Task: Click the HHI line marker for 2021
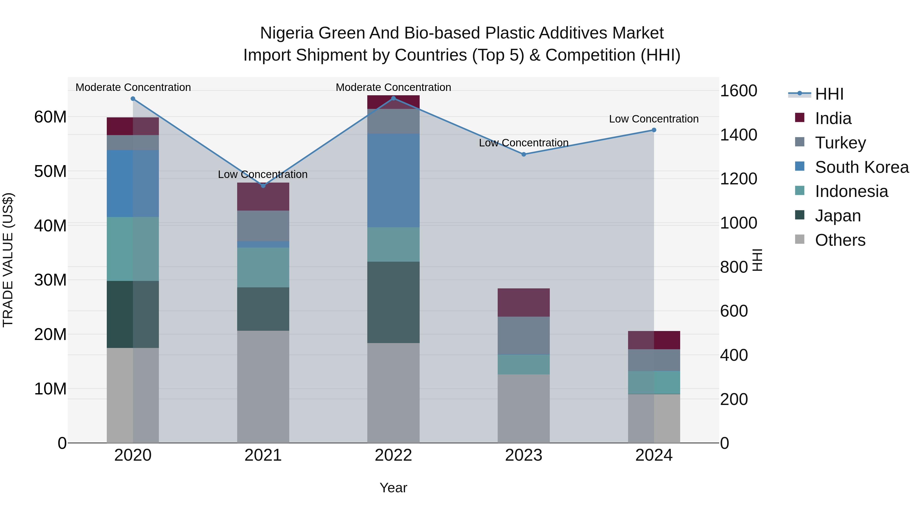click(263, 186)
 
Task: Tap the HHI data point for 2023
click(523, 154)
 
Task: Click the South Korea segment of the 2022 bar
click(393, 180)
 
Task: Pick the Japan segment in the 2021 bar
click(263, 309)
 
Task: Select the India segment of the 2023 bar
click(523, 302)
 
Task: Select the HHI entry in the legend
click(829, 94)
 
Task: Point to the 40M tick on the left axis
click(50, 226)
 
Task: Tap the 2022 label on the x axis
click(393, 455)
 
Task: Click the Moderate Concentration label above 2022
click(393, 87)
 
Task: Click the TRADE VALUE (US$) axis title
click(8, 260)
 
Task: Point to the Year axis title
click(393, 488)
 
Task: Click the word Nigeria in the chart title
click(287, 33)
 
